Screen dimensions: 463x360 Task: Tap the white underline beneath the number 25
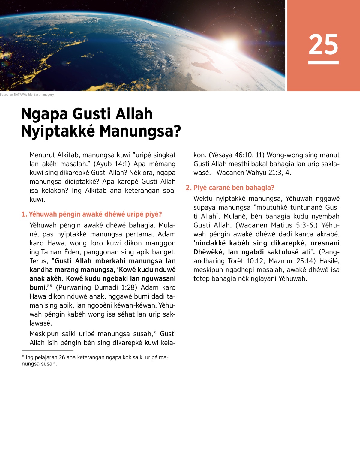[323, 62]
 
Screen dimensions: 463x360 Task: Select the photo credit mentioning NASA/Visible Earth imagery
[27, 95]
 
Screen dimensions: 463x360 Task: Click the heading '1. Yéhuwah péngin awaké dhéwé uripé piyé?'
[92, 214]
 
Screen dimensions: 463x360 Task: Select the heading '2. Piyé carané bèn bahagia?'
[230, 188]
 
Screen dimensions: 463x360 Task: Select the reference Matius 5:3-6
[300, 225]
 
